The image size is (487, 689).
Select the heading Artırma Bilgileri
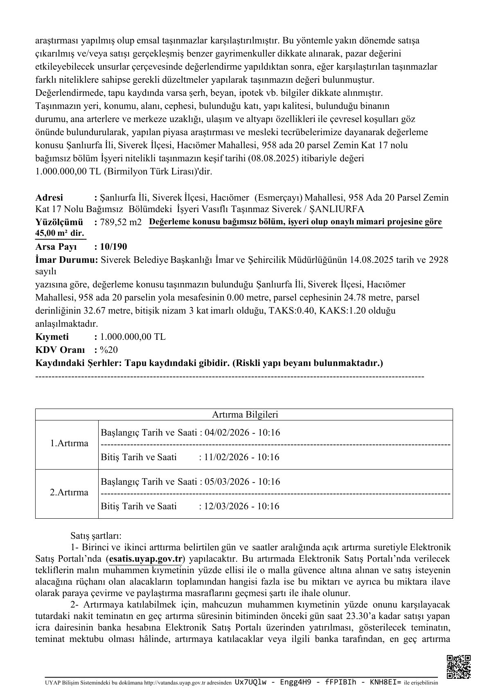click(x=245, y=414)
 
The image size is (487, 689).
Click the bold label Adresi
click(x=50, y=198)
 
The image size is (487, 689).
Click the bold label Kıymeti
click(x=52, y=337)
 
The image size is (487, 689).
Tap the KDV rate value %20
click(x=109, y=350)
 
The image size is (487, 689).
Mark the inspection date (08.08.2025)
click(x=273, y=158)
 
